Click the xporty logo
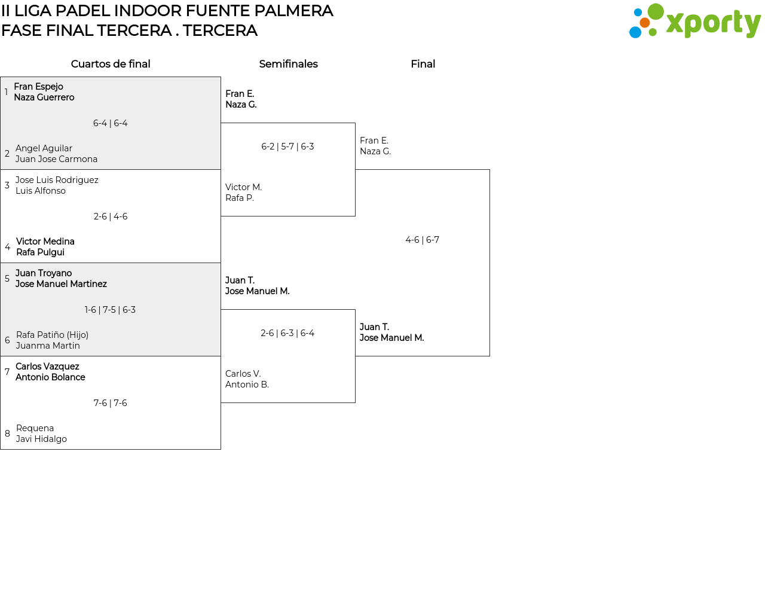(694, 21)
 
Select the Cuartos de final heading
(111, 64)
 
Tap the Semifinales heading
(288, 64)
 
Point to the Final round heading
(423, 64)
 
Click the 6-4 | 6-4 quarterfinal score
(110, 123)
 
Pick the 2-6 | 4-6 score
(110, 216)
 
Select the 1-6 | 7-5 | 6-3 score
(110, 310)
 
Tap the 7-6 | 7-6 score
(110, 402)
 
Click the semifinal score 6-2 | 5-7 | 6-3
(287, 147)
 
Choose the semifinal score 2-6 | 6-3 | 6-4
(287, 333)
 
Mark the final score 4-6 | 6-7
(423, 240)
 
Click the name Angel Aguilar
(44, 148)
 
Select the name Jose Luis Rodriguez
(57, 180)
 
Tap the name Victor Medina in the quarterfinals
(45, 241)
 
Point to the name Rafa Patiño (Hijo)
(52, 335)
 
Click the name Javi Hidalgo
(41, 439)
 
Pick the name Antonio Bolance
(50, 377)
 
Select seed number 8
(7, 434)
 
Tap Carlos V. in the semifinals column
(243, 374)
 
